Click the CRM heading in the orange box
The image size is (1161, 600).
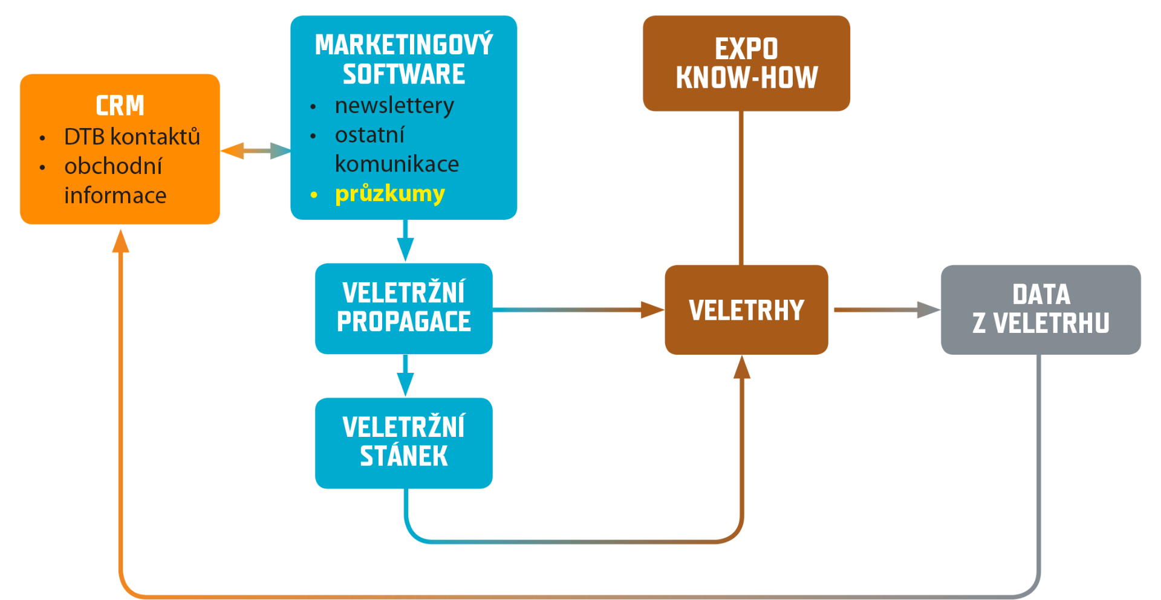[120, 106]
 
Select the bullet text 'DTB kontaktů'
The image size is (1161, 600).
[132, 137]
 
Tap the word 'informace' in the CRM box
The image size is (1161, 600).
[115, 196]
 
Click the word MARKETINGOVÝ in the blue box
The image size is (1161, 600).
[404, 45]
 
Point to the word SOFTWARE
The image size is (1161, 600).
[404, 74]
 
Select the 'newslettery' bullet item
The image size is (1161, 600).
[394, 106]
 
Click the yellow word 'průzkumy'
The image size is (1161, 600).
[390, 194]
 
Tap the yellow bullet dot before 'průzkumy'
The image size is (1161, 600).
[314, 195]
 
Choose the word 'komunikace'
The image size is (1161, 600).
[397, 164]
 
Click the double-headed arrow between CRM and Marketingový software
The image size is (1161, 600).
[256, 150]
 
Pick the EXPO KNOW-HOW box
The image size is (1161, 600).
[746, 63]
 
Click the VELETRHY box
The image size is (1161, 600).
[746, 309]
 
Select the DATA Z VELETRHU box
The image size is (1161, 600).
[1041, 309]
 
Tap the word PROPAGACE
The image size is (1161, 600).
[404, 322]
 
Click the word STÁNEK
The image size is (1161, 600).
[404, 456]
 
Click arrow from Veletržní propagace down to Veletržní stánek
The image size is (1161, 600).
[405, 375]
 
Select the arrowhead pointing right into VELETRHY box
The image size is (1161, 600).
[653, 310]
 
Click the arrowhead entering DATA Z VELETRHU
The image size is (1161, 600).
[928, 310]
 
